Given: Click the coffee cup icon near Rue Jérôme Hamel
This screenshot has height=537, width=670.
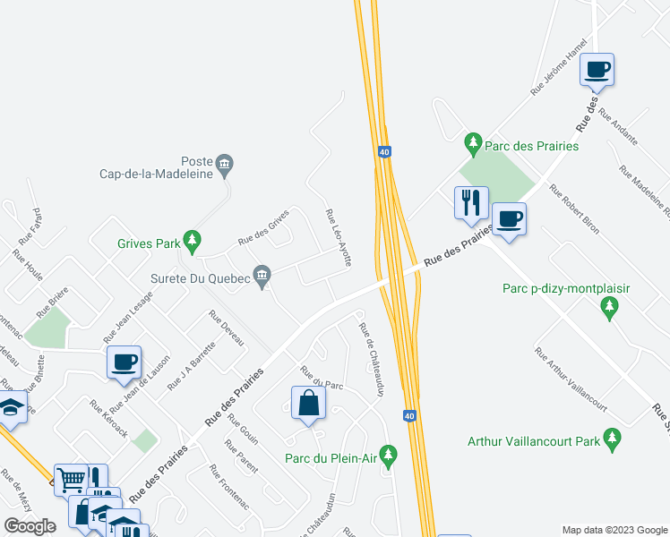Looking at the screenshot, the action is click(x=597, y=69).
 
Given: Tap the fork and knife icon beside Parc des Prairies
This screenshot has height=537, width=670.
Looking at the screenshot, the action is click(x=471, y=201).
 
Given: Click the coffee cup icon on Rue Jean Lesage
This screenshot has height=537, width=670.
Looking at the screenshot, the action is click(x=124, y=361).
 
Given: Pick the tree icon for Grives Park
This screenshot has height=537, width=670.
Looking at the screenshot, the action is click(x=192, y=241).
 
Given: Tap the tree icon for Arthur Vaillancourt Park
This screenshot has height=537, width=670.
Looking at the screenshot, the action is click(x=613, y=439).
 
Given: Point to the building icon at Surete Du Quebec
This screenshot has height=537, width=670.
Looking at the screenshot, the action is click(x=262, y=276).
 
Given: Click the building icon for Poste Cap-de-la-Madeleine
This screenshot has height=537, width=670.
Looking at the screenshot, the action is click(x=224, y=163).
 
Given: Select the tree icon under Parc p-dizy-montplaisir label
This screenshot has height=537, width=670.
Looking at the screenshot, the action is click(x=610, y=308).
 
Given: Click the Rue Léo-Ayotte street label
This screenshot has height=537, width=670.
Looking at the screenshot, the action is click(x=339, y=238).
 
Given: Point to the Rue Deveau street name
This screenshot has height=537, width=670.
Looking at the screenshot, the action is click(x=227, y=328).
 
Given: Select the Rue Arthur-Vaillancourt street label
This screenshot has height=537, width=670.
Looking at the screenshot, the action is click(x=571, y=379).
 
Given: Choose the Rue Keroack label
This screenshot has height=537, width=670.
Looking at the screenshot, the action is click(x=108, y=418).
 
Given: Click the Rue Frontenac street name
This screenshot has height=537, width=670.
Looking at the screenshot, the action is click(x=229, y=487).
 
